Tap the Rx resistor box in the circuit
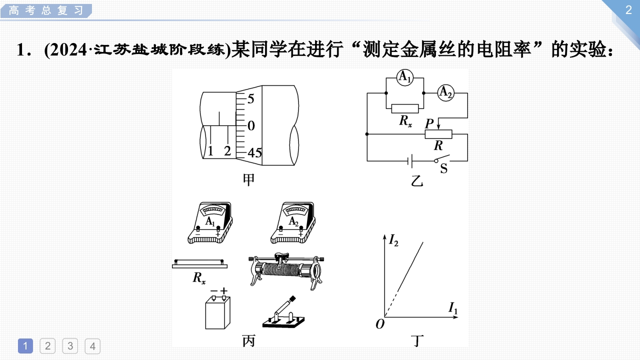404,108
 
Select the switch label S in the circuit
443,168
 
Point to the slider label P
428,123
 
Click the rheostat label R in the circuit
438,146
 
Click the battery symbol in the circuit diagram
409,161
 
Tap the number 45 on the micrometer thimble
254,153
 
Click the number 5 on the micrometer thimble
250,99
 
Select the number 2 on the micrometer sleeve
227,150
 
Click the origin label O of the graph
380,324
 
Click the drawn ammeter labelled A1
210,223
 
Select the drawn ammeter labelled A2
293,223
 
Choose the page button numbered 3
70,345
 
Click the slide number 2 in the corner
628,10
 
